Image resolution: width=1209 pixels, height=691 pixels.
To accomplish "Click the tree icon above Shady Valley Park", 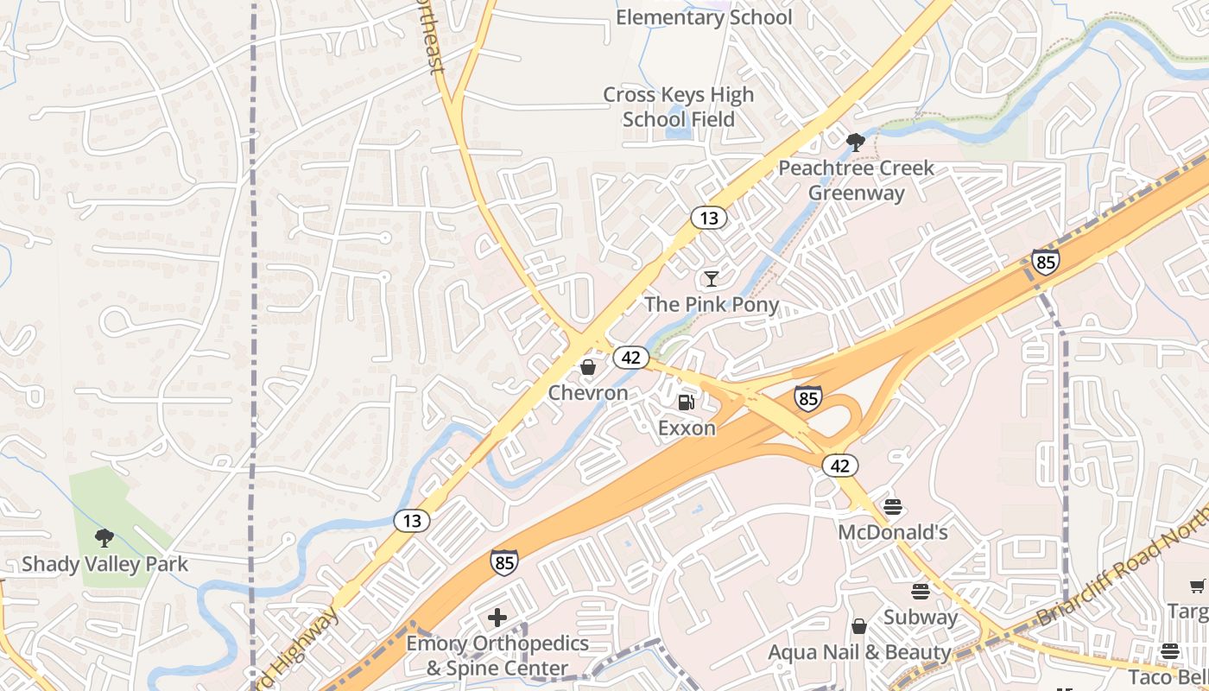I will (104, 538).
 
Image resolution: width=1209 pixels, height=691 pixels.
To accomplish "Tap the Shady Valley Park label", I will (104, 565).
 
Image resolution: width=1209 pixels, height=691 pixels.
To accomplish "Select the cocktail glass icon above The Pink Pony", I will (711, 278).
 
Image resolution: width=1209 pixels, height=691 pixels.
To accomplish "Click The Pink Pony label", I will (712, 304).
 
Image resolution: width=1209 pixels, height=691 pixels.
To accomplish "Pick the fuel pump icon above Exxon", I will (687, 402).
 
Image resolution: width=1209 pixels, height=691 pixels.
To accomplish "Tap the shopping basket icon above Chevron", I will (588, 368).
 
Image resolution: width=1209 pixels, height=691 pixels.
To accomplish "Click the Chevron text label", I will (588, 393).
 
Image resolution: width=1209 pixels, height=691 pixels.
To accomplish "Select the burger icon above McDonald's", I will (893, 506).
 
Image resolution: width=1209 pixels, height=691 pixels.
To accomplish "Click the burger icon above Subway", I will (921, 592).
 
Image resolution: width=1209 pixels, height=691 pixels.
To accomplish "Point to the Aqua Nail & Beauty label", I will (859, 652).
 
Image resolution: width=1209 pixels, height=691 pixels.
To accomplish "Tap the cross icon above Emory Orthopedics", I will (497, 618).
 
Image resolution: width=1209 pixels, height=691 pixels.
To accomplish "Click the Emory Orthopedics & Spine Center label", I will (497, 656).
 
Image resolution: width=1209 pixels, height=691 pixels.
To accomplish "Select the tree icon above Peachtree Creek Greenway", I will (856, 142).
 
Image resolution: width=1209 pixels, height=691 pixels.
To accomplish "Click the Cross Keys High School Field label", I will (678, 107).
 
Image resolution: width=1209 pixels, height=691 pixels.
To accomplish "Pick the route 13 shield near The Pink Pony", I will (709, 218).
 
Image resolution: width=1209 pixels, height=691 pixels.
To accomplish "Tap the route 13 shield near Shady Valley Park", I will (412, 520).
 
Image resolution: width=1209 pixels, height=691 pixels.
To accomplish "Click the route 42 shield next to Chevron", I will (632, 357).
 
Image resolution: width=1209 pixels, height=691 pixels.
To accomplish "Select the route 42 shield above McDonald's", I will (840, 466).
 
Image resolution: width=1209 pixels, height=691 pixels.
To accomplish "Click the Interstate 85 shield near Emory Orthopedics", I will (505, 562).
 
